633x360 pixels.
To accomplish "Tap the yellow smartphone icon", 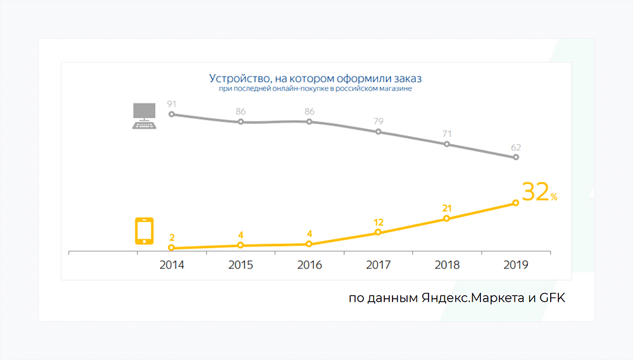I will pos(144,232).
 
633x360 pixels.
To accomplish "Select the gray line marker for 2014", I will pos(172,115).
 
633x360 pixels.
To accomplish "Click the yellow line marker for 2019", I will pos(515,202).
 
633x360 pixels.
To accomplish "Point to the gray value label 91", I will pos(172,103).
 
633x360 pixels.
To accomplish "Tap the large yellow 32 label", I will pos(535,192).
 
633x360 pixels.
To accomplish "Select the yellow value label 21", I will pos(447,208).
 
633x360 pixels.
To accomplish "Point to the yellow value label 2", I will pos(172,237).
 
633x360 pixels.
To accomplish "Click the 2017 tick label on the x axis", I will pos(378,265).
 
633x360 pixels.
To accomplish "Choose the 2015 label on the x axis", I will pos(241,265).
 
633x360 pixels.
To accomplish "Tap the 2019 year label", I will pos(516,265).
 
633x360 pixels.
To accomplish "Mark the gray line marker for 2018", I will pos(447,144).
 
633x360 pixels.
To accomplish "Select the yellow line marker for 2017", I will pos(378,233).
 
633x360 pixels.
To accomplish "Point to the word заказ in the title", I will pos(406,79).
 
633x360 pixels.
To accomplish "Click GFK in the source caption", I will pos(551,297).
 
